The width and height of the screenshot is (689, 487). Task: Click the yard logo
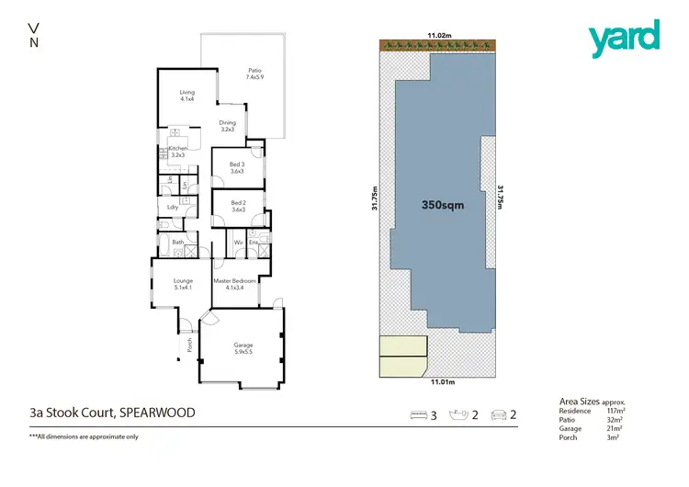click(624, 36)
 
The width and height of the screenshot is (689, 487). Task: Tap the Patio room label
click(254, 74)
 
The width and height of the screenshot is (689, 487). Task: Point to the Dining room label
click(227, 126)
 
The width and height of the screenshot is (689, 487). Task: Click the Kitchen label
click(177, 152)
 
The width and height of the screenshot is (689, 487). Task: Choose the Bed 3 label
click(238, 167)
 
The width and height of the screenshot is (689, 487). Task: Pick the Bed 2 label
click(238, 206)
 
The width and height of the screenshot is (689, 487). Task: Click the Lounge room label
click(184, 284)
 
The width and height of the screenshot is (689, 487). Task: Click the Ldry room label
click(172, 208)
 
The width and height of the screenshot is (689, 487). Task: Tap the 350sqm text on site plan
click(443, 206)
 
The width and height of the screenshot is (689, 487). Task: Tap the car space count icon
click(500, 415)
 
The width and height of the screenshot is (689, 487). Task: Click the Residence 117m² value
click(610, 412)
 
